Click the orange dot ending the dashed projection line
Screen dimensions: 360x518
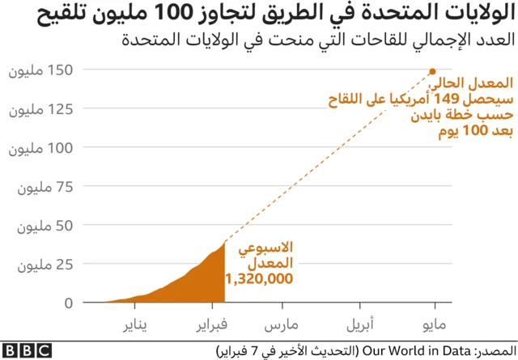(x=433, y=70)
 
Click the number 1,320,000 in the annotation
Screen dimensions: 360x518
(x=259, y=279)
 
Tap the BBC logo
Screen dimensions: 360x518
(x=27, y=351)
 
